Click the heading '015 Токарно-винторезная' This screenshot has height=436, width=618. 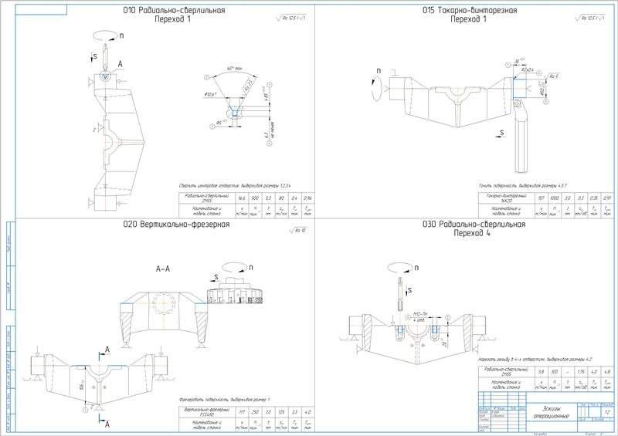pos(469,11)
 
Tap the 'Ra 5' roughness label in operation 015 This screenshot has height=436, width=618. pos(554,76)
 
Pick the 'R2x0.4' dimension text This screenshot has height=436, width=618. pos(528,70)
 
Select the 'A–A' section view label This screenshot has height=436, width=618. pos(165,269)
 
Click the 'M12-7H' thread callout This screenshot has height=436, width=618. pos(421,314)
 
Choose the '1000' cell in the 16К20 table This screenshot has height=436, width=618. pos(545,197)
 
